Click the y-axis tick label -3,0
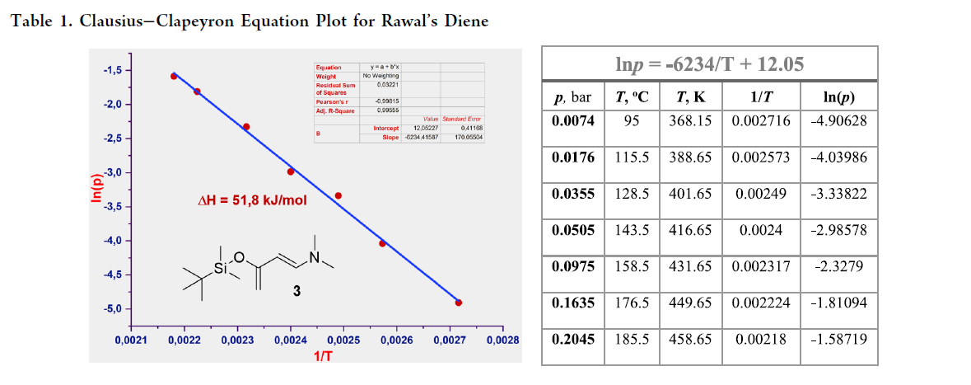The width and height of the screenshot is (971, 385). tap(111, 173)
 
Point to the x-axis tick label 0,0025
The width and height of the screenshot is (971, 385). tap(343, 340)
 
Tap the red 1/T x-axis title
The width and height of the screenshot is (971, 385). tap(323, 355)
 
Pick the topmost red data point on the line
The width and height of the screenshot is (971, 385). tap(174, 76)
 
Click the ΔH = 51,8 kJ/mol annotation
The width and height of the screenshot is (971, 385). tap(254, 200)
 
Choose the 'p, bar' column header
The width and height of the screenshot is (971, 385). tap(572, 97)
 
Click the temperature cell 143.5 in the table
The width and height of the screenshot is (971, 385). tap(633, 230)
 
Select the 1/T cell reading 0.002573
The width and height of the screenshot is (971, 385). tap(761, 157)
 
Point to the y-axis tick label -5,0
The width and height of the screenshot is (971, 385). tap(111, 309)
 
